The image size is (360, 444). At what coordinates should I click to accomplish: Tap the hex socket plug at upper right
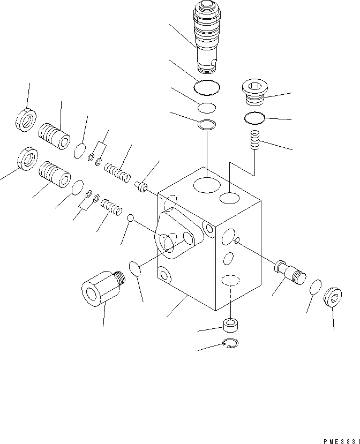pos(255,92)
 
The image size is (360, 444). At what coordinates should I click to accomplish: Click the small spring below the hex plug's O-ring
pos(255,141)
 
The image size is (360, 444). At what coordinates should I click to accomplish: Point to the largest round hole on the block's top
pos(207,185)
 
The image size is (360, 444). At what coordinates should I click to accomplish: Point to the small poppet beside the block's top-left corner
pos(141,186)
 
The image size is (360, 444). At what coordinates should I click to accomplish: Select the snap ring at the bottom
pos(230,344)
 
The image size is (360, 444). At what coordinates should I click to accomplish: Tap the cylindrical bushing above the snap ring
pos(230,325)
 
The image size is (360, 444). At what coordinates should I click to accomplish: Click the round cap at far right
pos(333,298)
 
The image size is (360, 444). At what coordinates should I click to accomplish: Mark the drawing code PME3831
pos(341,440)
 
